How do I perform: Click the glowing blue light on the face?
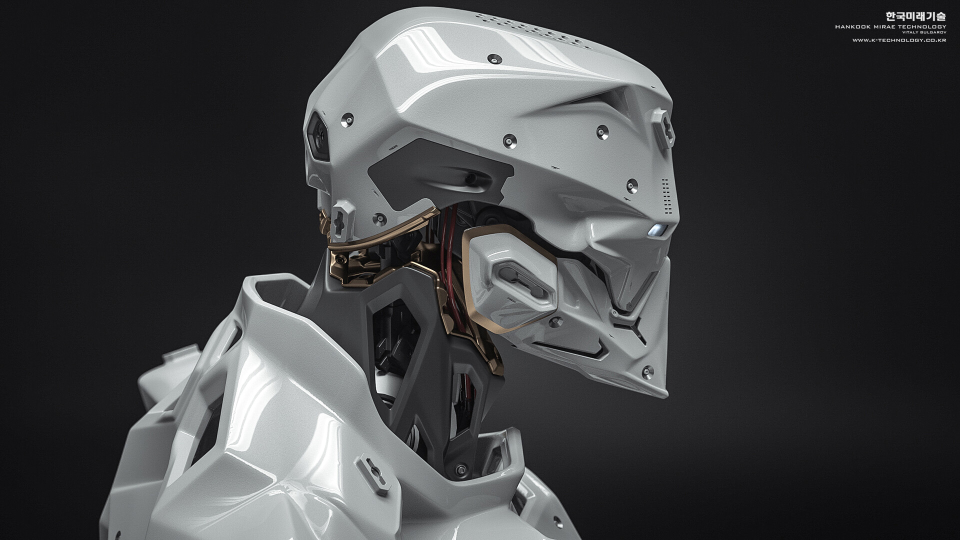coord(657,230)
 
